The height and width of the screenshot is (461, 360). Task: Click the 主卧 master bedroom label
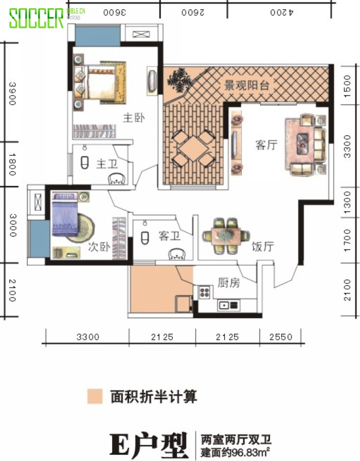[x=134, y=118]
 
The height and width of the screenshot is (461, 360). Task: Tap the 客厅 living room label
[x=266, y=145]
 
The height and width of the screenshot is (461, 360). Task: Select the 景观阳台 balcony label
[x=247, y=85]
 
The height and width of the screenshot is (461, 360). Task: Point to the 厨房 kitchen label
[x=229, y=283]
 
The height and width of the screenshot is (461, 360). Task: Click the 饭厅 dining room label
[x=263, y=246]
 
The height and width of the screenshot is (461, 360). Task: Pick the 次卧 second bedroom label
[x=99, y=246]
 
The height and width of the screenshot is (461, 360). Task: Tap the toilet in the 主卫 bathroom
[x=85, y=162]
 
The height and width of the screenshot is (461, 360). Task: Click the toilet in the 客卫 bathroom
[x=145, y=238]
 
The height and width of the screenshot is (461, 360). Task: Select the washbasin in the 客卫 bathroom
[x=177, y=254]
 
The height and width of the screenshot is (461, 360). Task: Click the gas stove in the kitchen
[x=204, y=292]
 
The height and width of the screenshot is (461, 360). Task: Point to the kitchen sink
[x=228, y=305]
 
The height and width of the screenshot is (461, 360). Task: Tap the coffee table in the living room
[x=302, y=144]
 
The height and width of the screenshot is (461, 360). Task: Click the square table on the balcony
[x=193, y=148]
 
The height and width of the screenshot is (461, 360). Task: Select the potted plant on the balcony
[x=179, y=79]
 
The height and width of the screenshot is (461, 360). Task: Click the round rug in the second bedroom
[x=82, y=228]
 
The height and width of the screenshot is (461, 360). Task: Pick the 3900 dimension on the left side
[x=12, y=94]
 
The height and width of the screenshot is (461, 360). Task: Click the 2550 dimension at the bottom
[x=281, y=337]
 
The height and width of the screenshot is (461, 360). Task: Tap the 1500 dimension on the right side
[x=348, y=86]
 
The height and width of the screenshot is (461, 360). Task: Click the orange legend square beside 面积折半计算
[x=95, y=396]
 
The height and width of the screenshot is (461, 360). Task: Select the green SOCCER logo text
[x=36, y=18]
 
